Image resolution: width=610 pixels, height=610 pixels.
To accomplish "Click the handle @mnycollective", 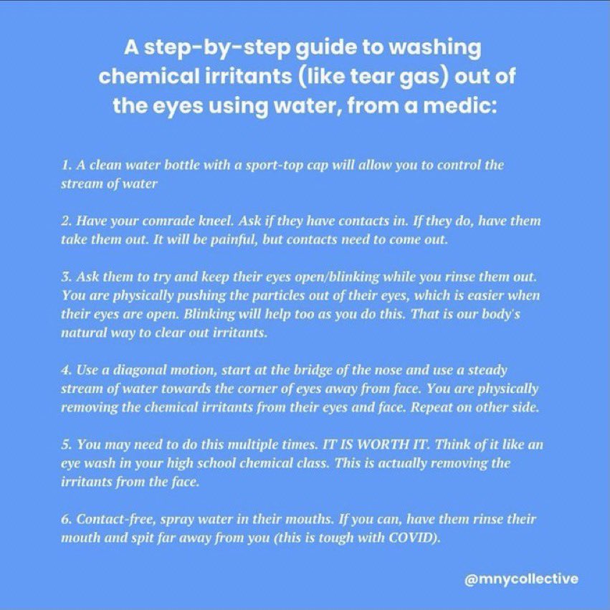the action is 521,579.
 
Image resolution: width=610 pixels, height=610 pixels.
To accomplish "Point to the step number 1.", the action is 65,165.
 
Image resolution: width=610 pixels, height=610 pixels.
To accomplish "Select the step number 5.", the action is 66,444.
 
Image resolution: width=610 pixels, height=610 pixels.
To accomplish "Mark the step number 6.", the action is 66,519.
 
